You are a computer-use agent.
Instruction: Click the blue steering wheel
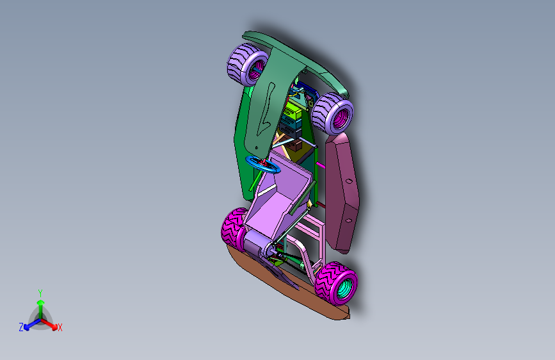click(x=263, y=165)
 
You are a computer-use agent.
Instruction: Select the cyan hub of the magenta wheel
click(x=345, y=288)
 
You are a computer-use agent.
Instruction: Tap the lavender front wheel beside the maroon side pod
click(x=332, y=113)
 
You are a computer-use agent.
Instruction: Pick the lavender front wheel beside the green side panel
click(x=247, y=64)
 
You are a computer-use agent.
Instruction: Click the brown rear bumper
click(x=287, y=284)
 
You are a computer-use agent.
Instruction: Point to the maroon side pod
click(x=341, y=193)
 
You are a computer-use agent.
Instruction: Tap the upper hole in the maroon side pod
click(x=349, y=181)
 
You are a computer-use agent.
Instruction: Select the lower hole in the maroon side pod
click(x=349, y=221)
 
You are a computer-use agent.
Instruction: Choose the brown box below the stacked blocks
click(x=295, y=145)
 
